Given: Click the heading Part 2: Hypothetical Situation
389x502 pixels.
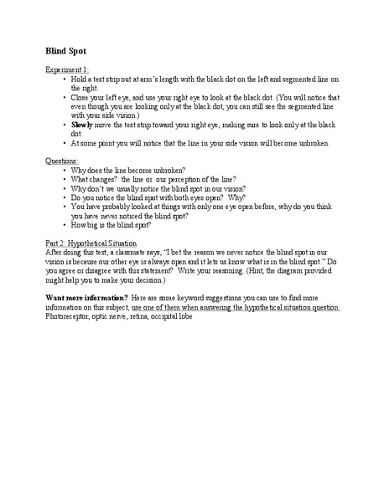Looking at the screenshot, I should click(x=94, y=243).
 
